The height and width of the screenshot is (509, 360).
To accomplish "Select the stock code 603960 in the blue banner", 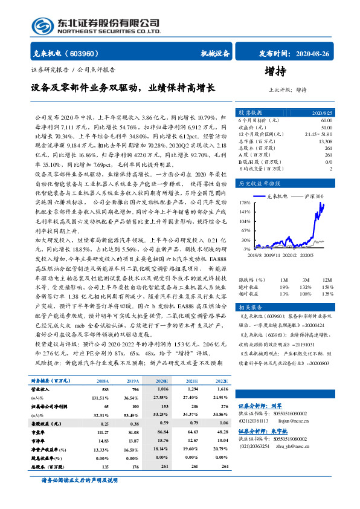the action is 88,54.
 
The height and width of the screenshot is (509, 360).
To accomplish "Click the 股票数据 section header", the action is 249,113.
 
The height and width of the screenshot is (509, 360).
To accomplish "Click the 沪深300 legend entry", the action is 314,196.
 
